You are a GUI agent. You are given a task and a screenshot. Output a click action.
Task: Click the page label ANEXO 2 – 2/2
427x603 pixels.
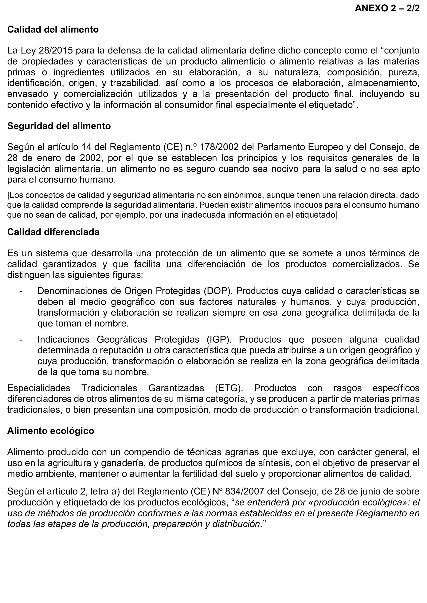[x=387, y=8]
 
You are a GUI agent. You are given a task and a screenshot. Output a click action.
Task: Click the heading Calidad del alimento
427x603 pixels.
[x=53, y=29]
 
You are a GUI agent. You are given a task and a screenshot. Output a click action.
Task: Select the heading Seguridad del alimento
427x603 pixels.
[x=59, y=126]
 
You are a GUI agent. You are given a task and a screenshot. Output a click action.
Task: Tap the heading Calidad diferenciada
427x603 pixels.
[x=53, y=232]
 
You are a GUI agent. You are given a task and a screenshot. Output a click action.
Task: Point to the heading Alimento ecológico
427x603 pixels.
[x=51, y=431]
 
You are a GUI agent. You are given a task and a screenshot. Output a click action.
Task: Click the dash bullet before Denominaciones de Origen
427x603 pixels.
[x=21, y=291]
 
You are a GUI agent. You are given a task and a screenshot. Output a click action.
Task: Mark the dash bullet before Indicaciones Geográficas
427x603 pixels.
[x=21, y=339]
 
